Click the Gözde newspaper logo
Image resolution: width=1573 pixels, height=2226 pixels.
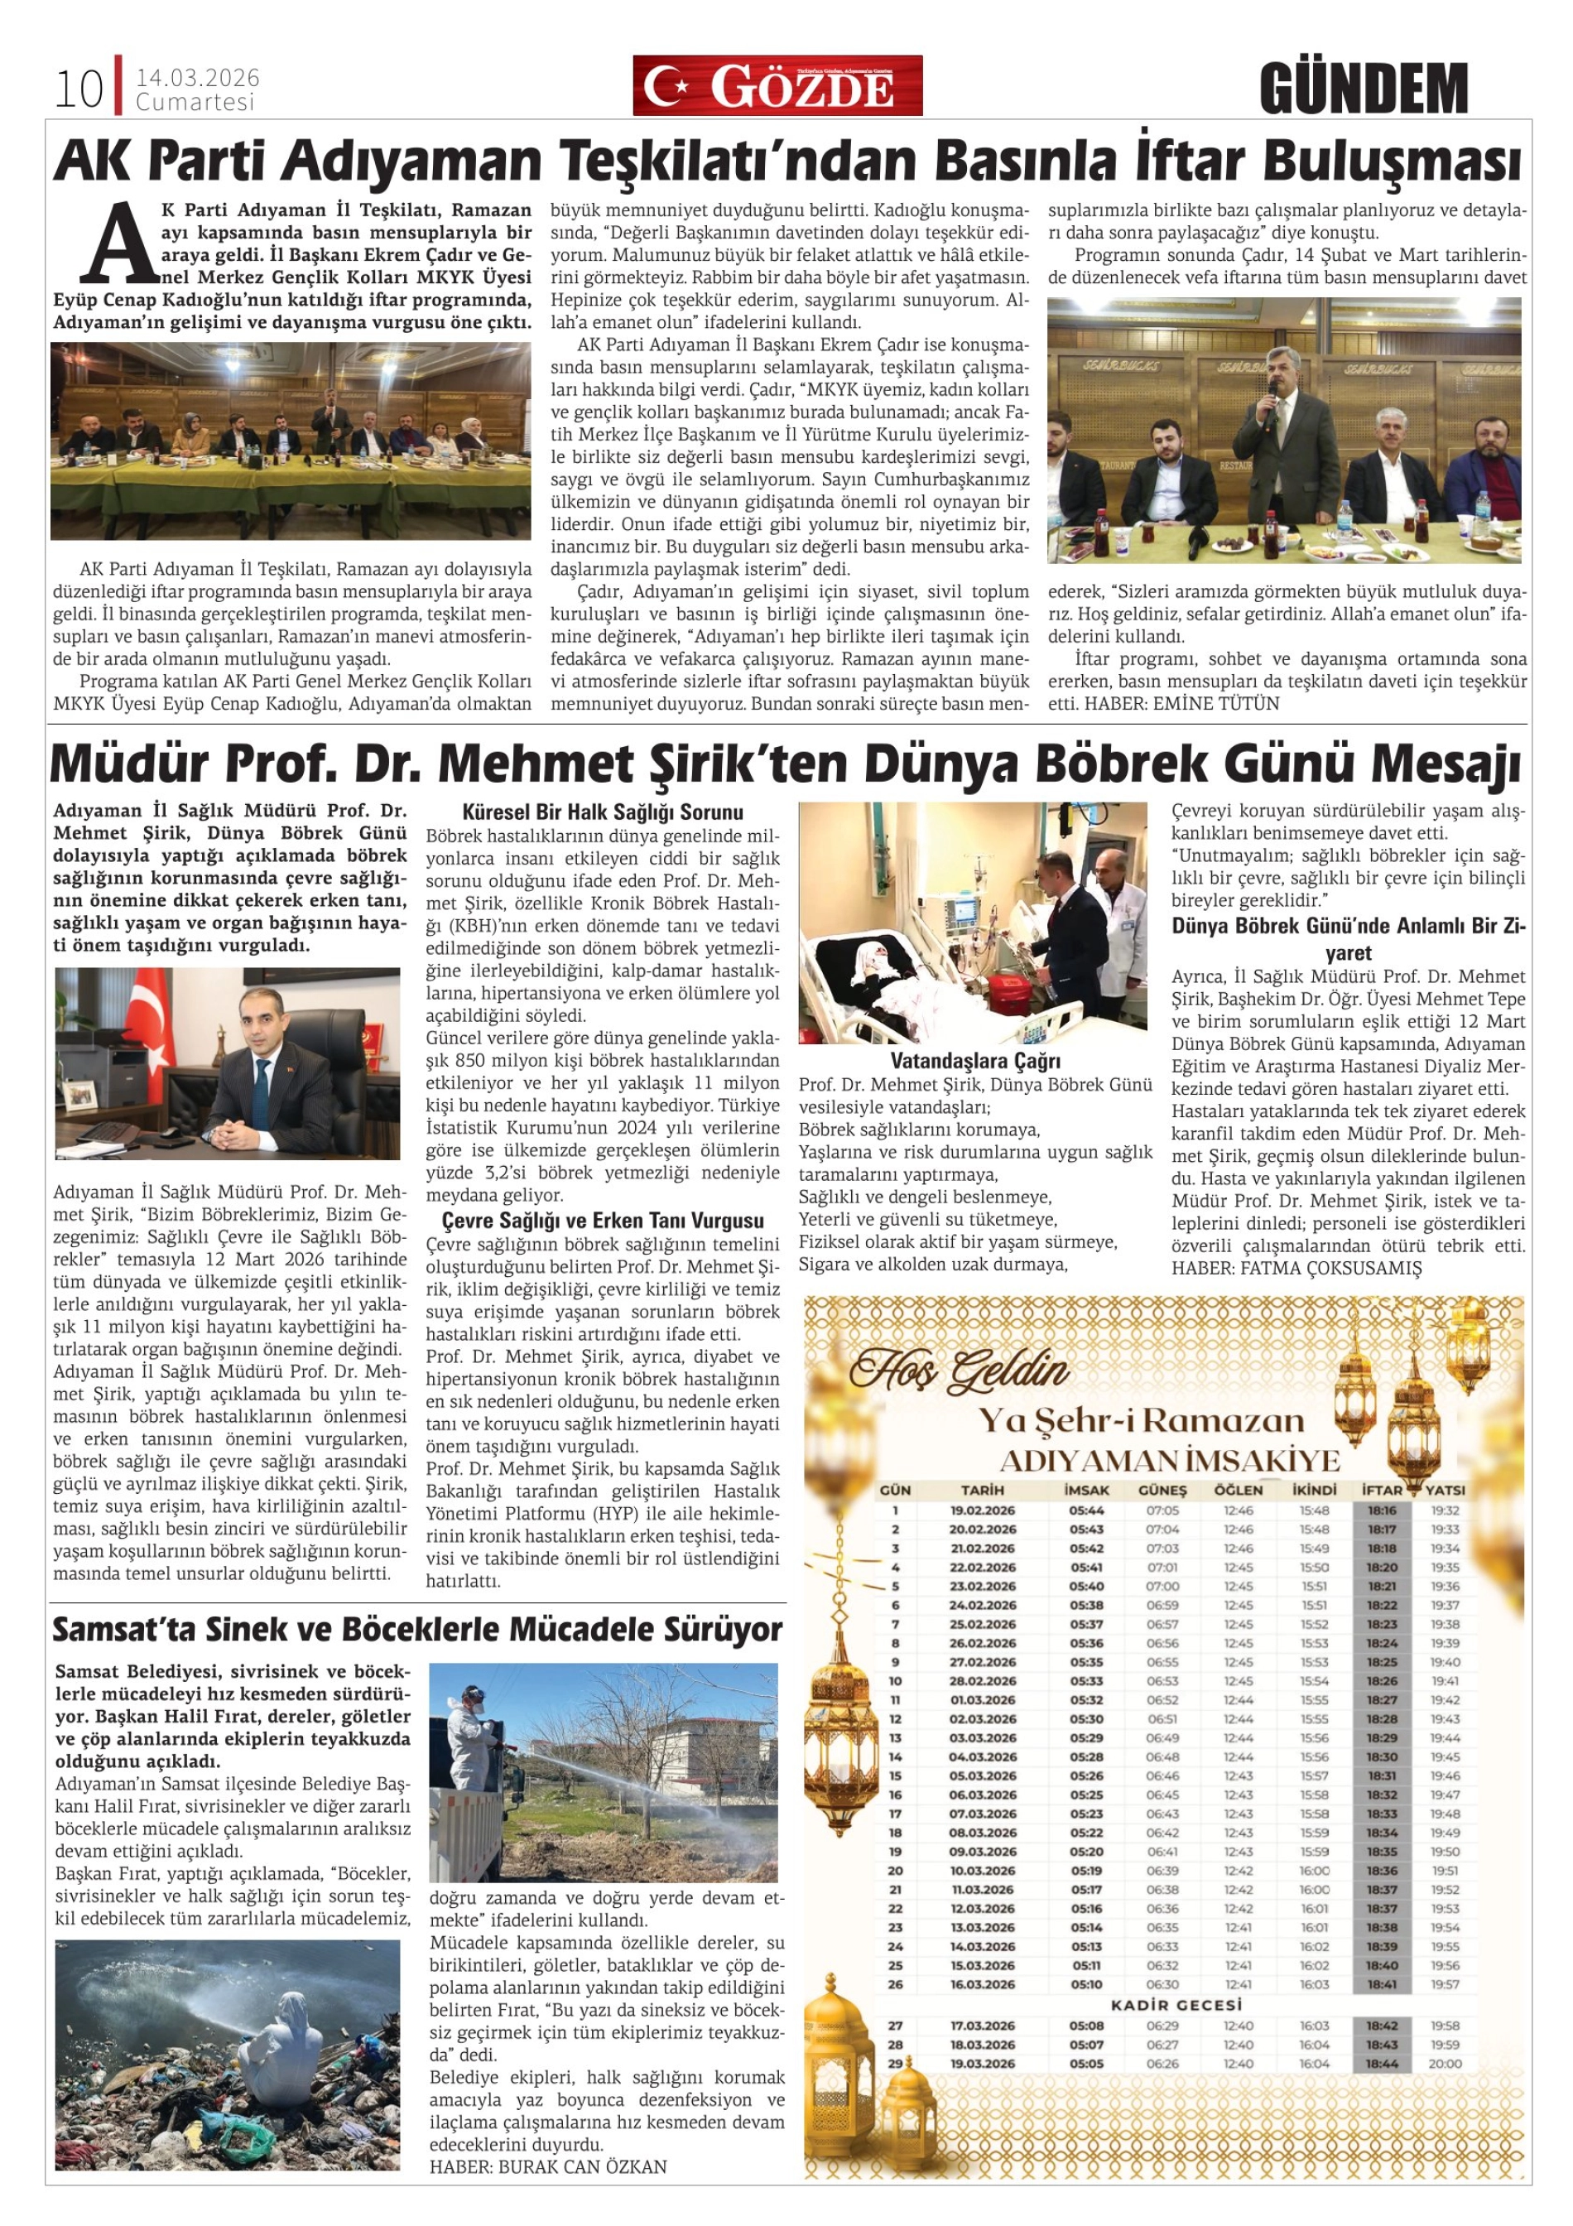coord(777,85)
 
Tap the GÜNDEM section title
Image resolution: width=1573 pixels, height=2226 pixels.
coord(1364,89)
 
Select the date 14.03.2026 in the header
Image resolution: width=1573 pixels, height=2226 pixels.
coord(198,79)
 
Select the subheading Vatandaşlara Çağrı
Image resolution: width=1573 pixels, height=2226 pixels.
coord(975,1061)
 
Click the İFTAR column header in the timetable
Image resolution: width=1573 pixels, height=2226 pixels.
coord(1382,1489)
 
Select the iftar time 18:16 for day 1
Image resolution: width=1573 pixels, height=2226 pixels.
coord(1382,1510)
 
